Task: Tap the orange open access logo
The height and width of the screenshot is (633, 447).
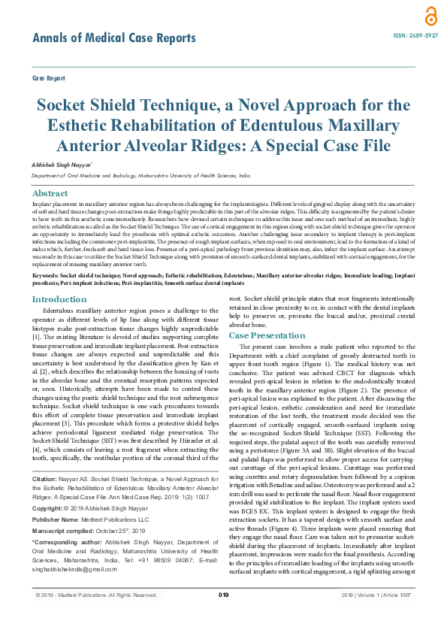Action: tap(409, 16)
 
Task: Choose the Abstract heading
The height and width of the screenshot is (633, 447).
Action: tap(51, 193)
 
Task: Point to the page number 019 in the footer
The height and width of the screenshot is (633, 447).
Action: tap(223, 616)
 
